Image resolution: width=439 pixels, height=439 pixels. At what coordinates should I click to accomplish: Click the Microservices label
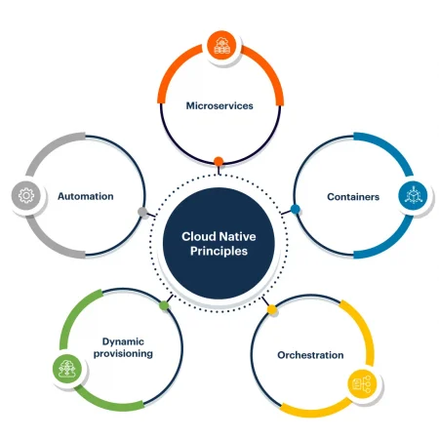coord(219,105)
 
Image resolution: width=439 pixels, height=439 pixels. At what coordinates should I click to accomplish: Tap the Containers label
coord(353,197)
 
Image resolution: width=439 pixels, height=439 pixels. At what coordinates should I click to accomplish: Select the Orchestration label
coord(310,355)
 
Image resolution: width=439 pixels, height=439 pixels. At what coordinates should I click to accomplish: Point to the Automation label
coord(86,196)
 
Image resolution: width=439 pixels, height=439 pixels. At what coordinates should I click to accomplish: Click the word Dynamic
coord(123,341)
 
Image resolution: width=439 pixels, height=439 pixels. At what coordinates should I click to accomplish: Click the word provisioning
coord(123,353)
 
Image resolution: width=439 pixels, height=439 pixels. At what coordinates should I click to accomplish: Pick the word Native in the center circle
coord(237,236)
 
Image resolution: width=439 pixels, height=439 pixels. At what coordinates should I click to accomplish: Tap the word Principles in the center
coord(219,251)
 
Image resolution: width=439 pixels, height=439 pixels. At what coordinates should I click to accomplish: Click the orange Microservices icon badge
coord(221,46)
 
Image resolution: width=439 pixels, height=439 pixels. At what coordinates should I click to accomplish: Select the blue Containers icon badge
coord(413,196)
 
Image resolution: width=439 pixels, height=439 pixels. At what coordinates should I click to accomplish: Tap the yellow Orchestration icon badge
coord(363,384)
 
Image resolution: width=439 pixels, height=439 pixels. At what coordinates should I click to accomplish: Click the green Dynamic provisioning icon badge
coord(67,369)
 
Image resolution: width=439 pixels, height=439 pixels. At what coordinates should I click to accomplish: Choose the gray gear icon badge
coord(26,196)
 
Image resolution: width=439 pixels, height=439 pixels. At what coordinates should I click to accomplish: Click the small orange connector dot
coord(219,161)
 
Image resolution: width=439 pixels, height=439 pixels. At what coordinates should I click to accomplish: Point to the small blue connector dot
coord(296,209)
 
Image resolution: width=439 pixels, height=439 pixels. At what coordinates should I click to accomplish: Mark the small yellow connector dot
coord(272,309)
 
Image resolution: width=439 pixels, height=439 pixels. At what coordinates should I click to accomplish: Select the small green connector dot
coord(164,305)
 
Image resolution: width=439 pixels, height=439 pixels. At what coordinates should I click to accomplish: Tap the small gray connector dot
coord(142,212)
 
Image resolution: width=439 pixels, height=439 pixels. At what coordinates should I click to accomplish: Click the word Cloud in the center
coord(199,236)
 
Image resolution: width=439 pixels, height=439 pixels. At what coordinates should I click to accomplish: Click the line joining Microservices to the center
coord(219,171)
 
